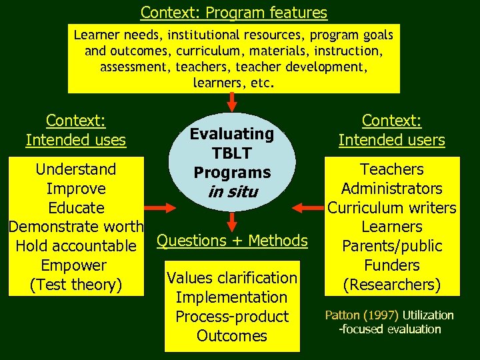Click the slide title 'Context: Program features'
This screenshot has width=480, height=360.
pyautogui.click(x=234, y=12)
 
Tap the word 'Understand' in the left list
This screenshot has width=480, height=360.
pyautogui.click(x=76, y=169)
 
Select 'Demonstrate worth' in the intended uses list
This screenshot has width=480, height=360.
pyautogui.click(x=76, y=227)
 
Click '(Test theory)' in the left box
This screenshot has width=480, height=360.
pyautogui.click(x=76, y=285)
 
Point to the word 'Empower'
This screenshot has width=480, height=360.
pyautogui.click(x=76, y=265)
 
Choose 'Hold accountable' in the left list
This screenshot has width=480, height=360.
pyautogui.click(x=76, y=246)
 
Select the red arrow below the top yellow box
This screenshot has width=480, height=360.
pyautogui.click(x=232, y=101)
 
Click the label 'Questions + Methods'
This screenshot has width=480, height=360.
pyautogui.click(x=232, y=240)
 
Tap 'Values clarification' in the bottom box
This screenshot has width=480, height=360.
pyautogui.click(x=232, y=277)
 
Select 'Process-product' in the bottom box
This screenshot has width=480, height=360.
pyautogui.click(x=232, y=316)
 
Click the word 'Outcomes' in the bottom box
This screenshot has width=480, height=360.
pyautogui.click(x=232, y=335)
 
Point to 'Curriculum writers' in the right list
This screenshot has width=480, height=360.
pyautogui.click(x=392, y=208)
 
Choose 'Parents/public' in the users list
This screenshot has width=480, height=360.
pyautogui.click(x=392, y=246)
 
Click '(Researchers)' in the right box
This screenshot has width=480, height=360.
pyautogui.click(x=392, y=285)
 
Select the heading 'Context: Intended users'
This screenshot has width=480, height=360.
pyautogui.click(x=392, y=130)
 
